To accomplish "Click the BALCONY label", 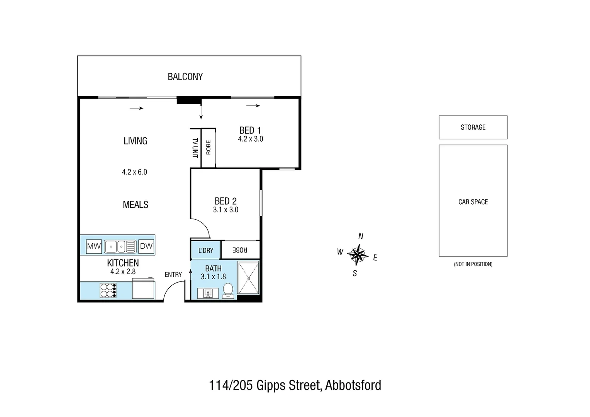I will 185,77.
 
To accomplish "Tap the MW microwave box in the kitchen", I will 94,246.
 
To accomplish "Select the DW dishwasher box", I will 146,246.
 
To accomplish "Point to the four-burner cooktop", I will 108,290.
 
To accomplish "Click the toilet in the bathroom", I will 228,290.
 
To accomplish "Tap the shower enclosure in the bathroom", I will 248,278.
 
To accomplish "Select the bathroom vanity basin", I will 208,293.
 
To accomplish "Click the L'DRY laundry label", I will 206,251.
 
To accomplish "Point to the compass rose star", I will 358,254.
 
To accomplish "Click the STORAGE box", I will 473,127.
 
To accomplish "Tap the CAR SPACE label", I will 473,202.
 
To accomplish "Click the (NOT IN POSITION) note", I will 473,264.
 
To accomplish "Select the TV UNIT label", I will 195,148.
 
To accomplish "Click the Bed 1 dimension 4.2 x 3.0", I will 250,139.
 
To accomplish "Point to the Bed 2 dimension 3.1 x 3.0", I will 225,210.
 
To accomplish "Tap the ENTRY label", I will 173,275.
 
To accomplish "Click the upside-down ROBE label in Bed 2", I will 240,250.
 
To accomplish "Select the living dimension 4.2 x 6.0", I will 134,172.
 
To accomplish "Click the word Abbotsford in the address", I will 353,385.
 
